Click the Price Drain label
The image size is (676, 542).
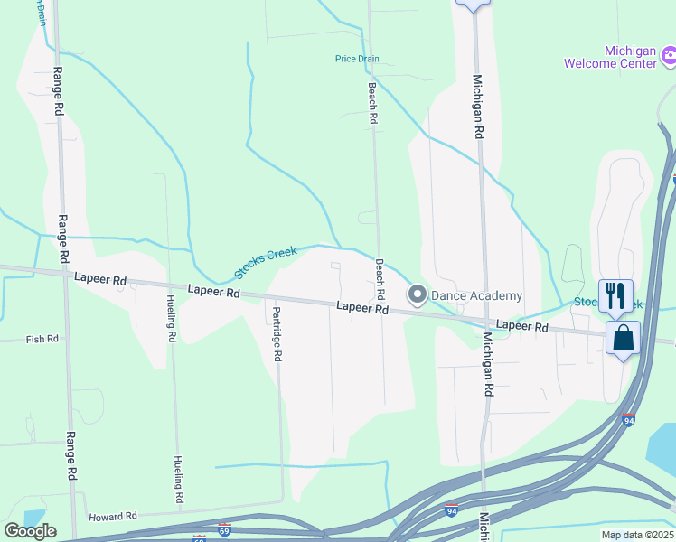[357, 59]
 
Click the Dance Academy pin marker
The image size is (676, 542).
[418, 295]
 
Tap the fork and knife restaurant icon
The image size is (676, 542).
[615, 294]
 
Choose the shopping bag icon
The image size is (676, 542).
[624, 339]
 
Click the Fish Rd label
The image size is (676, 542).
[42, 339]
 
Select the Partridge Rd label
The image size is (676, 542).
[277, 333]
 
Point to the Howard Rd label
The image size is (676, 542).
[112, 517]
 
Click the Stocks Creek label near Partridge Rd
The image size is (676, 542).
[266, 263]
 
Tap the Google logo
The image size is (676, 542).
[30, 531]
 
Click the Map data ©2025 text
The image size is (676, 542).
[636, 535]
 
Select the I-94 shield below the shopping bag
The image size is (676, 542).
[629, 420]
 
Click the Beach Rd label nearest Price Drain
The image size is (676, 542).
[372, 103]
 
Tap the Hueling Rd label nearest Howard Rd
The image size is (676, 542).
[179, 479]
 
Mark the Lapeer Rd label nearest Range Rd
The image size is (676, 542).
[100, 280]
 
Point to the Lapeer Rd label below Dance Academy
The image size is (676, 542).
[362, 308]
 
